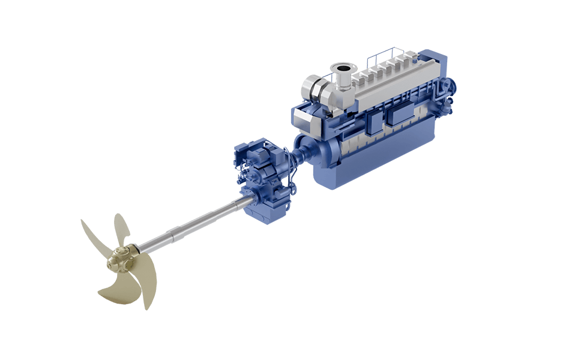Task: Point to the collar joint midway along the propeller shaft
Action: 176,232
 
